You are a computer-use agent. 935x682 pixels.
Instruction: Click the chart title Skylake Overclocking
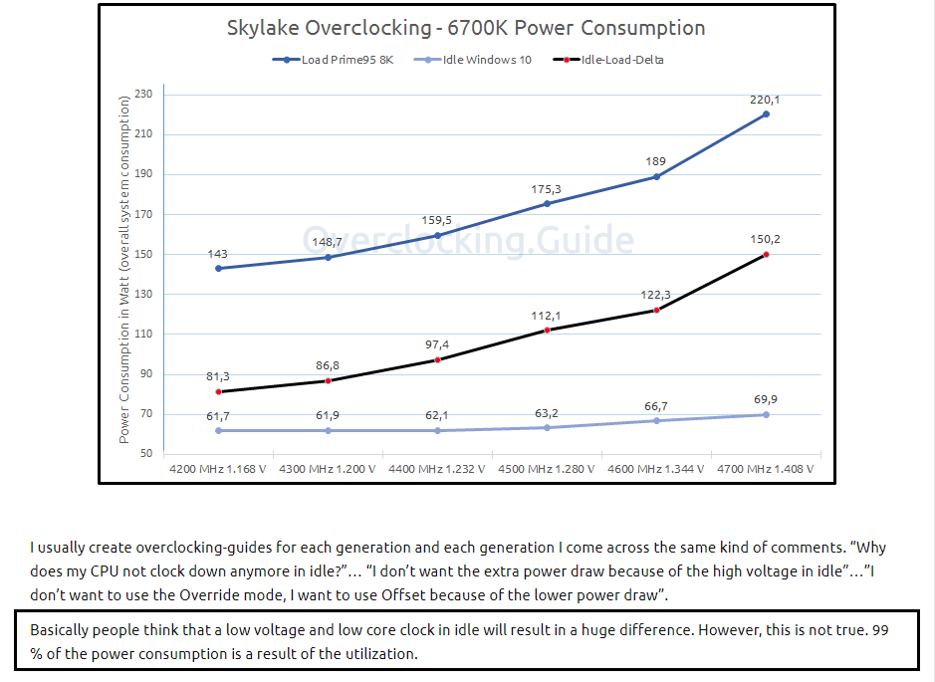pyautogui.click(x=466, y=28)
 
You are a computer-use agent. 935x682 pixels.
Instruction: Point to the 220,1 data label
pyautogui.click(x=765, y=99)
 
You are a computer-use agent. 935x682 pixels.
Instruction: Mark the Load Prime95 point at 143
pyautogui.click(x=218, y=268)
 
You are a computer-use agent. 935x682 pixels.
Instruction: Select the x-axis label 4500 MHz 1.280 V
pyautogui.click(x=547, y=468)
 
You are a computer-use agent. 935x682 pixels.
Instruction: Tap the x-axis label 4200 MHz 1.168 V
pyautogui.click(x=218, y=468)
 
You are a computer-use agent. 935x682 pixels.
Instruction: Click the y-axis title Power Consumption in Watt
pyautogui.click(x=124, y=269)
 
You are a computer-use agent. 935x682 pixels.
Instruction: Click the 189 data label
pyautogui.click(x=656, y=161)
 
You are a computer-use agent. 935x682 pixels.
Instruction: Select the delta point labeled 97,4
pyautogui.click(x=437, y=359)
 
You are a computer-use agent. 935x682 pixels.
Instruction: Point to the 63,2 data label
pyautogui.click(x=547, y=412)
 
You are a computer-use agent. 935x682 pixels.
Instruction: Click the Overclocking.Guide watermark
pyautogui.click(x=468, y=240)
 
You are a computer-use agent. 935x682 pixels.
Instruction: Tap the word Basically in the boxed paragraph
pyautogui.click(x=62, y=630)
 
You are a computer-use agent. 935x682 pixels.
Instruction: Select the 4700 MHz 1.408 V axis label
pyautogui.click(x=765, y=468)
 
